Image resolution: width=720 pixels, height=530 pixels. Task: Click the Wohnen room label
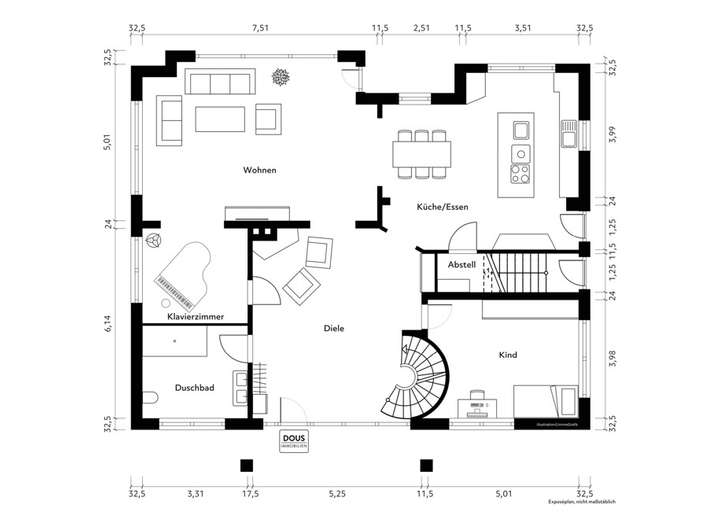click(x=259, y=170)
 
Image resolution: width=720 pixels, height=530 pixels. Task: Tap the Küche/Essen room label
click(x=441, y=207)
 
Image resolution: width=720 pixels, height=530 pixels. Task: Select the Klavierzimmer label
click(x=194, y=316)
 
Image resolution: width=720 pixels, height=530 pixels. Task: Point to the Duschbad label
click(x=195, y=387)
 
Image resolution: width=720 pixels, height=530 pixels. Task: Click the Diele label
click(x=334, y=328)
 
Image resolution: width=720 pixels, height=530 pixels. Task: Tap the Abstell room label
click(x=461, y=265)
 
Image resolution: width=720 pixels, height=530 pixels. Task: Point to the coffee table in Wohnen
click(x=218, y=119)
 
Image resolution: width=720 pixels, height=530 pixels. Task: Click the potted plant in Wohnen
click(x=283, y=78)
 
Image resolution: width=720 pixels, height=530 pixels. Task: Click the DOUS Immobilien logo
click(x=295, y=441)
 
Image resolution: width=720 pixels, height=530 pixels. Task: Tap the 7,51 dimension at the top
click(x=260, y=29)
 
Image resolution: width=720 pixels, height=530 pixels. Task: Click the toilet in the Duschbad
click(x=150, y=402)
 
